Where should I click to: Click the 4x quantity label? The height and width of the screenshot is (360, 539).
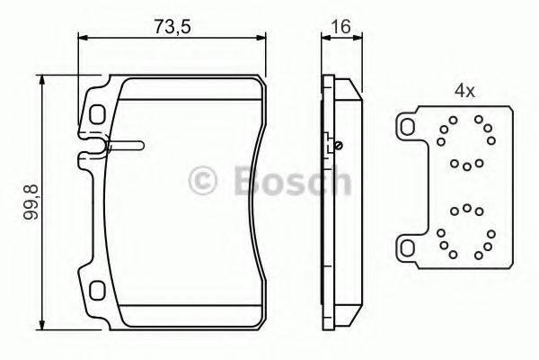pos(464,91)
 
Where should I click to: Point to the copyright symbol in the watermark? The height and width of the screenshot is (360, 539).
pos(205,181)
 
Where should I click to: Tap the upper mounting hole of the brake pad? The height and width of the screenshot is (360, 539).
pos(97,115)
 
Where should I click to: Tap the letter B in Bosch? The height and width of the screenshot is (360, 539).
pos(243,181)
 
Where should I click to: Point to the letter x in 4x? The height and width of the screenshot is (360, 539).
pos(470,92)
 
